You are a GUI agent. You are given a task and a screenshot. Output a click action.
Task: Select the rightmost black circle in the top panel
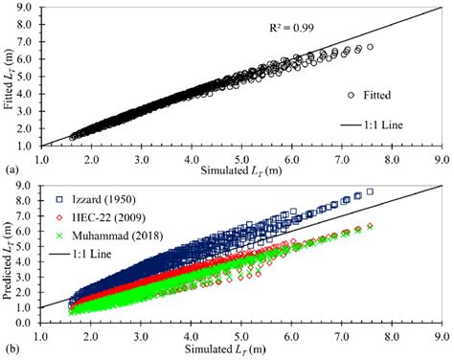(x=370, y=46)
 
